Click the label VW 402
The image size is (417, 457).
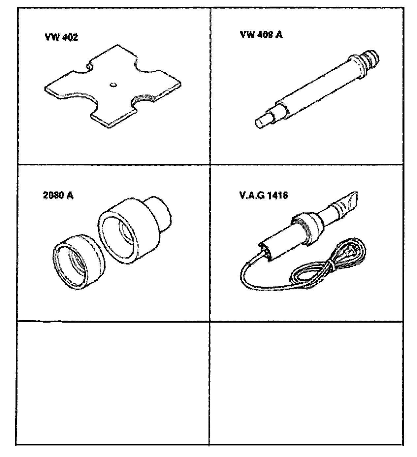(61, 37)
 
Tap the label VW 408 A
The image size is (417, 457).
(261, 35)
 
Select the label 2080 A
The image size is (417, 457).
(58, 195)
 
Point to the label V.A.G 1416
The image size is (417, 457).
(264, 195)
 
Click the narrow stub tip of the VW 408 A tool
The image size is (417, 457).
(261, 123)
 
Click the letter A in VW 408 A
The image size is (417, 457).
(279, 35)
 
